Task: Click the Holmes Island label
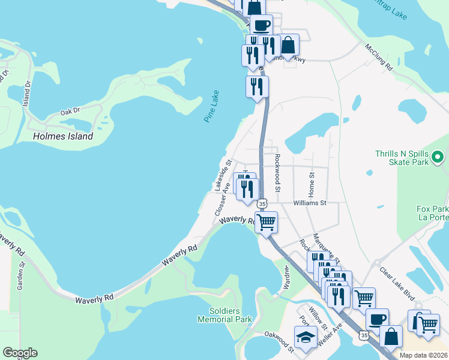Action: click(63, 136)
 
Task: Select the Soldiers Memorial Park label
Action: click(225, 315)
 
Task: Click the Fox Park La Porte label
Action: click(432, 213)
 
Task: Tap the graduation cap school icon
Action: click(305, 337)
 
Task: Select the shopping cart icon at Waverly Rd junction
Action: click(266, 222)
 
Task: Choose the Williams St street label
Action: click(309, 203)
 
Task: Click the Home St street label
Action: click(312, 184)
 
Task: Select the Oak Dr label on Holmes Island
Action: click(70, 112)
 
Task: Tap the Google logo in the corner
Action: click(20, 353)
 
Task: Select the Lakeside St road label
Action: click(223, 175)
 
